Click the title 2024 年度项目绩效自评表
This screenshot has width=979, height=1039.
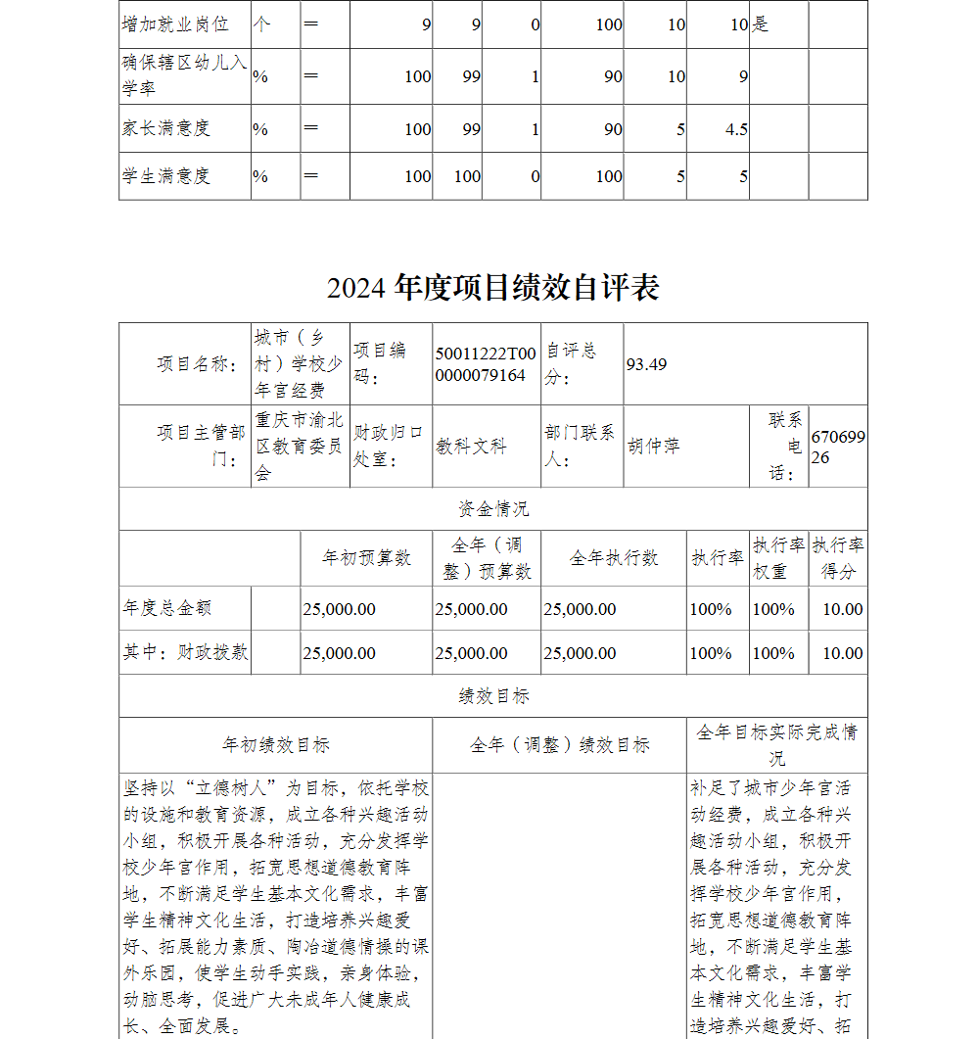[493, 287]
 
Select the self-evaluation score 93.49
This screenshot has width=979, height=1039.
[646, 364]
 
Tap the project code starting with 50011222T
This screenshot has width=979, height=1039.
[486, 364]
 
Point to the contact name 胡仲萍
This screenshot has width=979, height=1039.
[653, 447]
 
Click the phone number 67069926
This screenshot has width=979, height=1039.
[837, 447]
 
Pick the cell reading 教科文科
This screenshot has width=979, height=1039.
[472, 447]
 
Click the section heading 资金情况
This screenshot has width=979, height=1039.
[493, 509]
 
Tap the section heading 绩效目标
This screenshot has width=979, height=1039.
[493, 696]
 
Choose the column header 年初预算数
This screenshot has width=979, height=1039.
[367, 558]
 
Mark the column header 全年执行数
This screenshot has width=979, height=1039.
[614, 558]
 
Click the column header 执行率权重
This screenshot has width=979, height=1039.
[778, 558]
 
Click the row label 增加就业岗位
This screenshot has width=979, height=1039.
[175, 24]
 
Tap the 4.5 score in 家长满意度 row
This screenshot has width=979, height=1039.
[736, 129]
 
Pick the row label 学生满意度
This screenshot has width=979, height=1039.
[166, 176]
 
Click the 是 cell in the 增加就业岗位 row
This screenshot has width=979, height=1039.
[760, 24]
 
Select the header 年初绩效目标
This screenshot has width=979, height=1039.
[276, 745]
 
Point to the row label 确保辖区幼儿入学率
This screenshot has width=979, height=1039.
[184, 76]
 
